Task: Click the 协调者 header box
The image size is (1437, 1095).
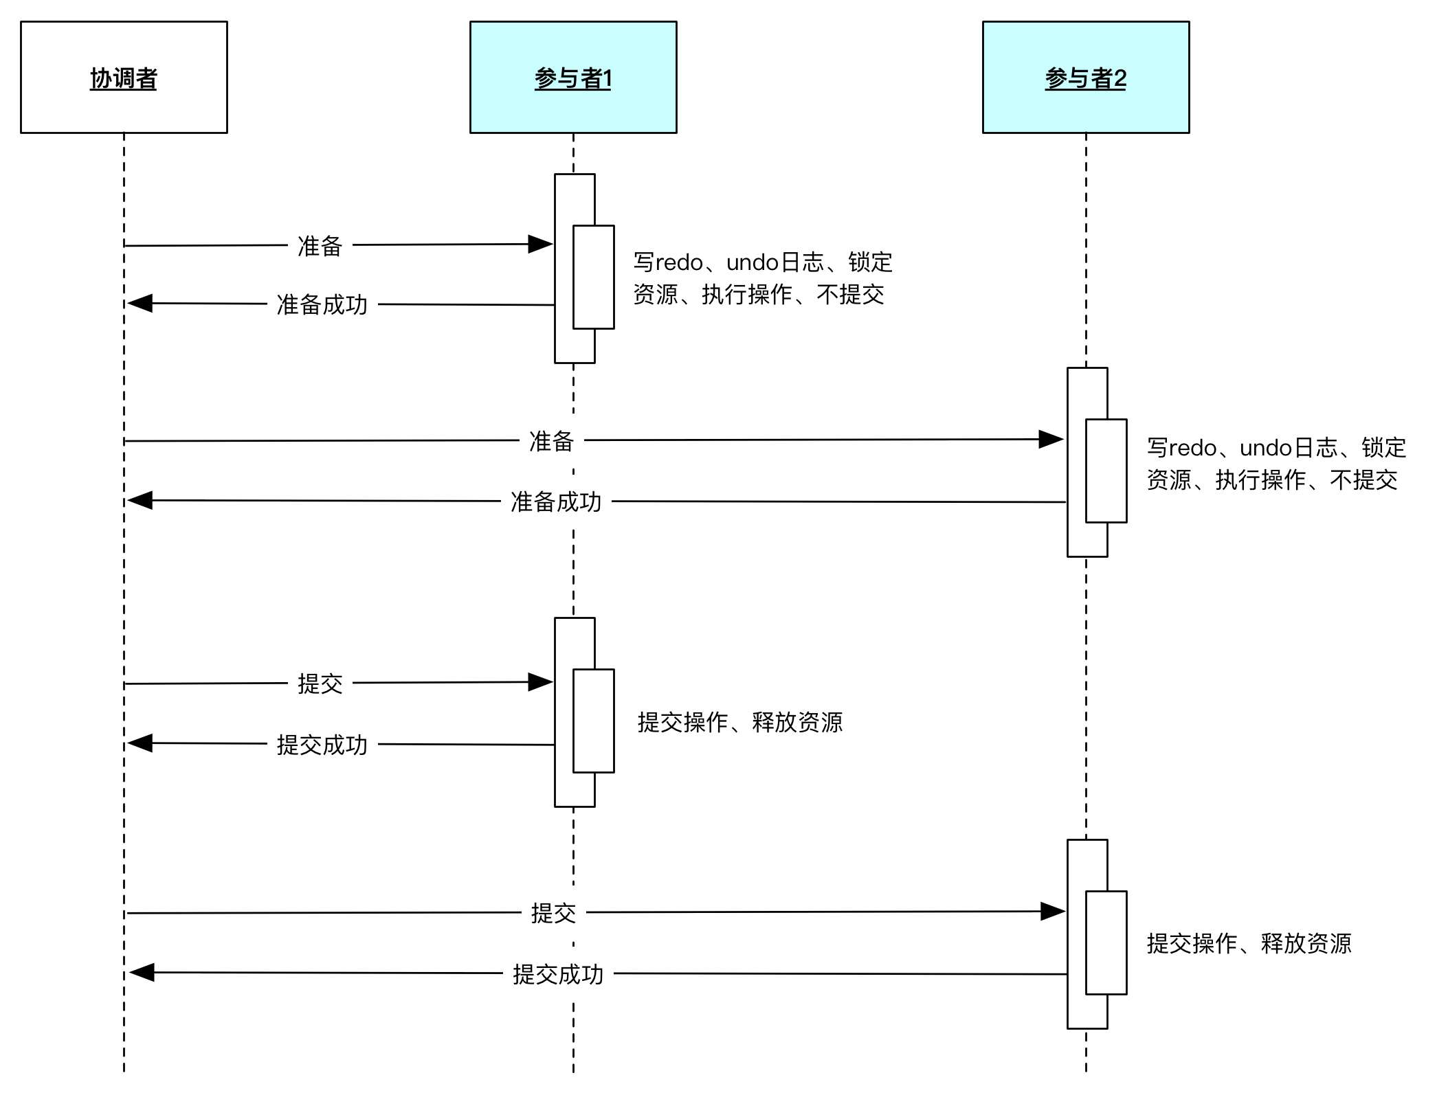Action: coord(124,77)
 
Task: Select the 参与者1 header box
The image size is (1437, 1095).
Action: coord(573,77)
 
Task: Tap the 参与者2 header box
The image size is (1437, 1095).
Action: coord(1086,77)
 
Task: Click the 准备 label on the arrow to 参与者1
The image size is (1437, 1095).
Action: coord(320,246)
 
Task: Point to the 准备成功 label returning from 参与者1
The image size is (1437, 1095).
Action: coord(322,304)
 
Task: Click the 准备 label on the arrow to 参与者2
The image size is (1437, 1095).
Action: coord(551,441)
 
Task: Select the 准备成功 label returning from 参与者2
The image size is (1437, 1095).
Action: coord(556,501)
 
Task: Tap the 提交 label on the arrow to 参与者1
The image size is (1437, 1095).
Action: coord(320,684)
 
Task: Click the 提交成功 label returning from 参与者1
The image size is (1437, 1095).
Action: coord(322,745)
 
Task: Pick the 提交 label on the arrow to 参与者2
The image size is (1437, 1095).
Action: coord(553,913)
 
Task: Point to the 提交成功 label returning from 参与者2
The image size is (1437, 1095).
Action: coord(558,974)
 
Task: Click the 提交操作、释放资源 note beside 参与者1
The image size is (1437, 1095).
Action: coord(740,722)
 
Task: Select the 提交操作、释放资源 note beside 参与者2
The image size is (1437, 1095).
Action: coord(1249,943)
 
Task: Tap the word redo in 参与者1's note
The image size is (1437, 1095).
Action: coord(679,262)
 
